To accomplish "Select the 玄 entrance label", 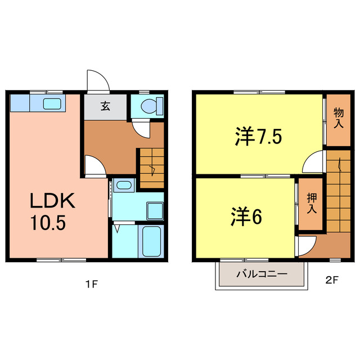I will coord(105,105).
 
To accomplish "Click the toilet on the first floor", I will coord(151,105).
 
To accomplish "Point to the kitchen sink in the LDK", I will coord(52,103).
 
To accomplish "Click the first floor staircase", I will coord(151,168).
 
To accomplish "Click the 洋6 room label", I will coord(246,216).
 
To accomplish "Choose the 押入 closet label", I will coord(311,203).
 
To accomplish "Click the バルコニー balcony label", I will coord(262,274).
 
